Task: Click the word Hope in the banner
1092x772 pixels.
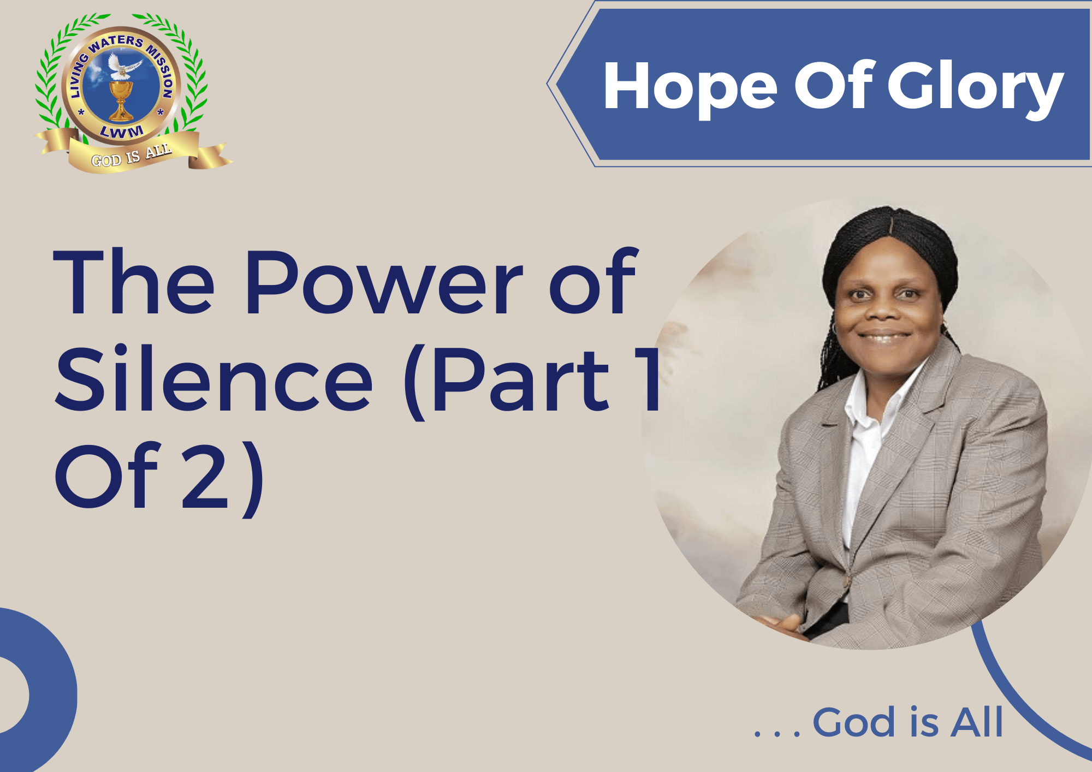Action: (x=690, y=87)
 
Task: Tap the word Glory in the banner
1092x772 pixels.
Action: (x=975, y=87)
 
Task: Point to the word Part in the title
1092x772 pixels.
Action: (x=521, y=379)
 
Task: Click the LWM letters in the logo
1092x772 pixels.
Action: (x=122, y=132)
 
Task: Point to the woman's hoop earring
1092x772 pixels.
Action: (x=834, y=329)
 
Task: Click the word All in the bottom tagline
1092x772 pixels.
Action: (x=977, y=722)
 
